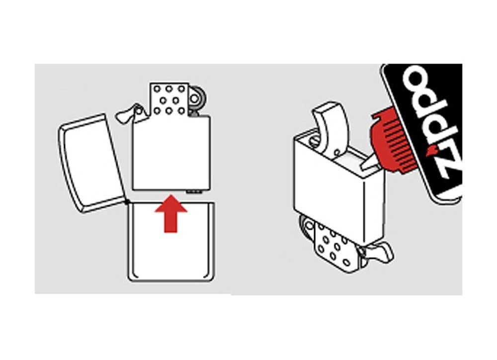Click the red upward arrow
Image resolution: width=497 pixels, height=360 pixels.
click(x=171, y=213)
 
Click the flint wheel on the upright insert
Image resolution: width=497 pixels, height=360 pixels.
click(x=196, y=99)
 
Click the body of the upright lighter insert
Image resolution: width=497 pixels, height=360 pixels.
click(x=171, y=153)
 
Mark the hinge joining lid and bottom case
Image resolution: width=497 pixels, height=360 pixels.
click(x=127, y=201)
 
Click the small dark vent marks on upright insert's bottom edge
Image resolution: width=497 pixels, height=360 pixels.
click(x=194, y=191)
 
